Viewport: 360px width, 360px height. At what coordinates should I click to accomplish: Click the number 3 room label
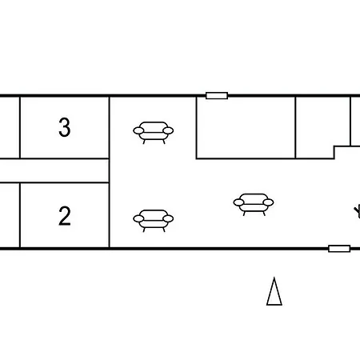pyautogui.click(x=65, y=127)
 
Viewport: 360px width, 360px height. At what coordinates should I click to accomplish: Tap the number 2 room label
pyautogui.click(x=65, y=216)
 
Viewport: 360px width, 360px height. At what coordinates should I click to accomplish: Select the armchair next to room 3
pyautogui.click(x=154, y=133)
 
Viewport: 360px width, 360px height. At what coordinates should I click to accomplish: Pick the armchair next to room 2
pyautogui.click(x=154, y=221)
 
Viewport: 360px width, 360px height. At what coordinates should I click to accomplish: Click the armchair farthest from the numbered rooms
pyautogui.click(x=254, y=205)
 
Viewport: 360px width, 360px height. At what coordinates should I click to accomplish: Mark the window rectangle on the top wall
pyautogui.click(x=217, y=95)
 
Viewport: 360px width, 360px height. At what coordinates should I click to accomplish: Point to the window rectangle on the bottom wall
pyautogui.click(x=339, y=249)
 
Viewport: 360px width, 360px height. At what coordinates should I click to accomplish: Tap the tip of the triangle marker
pyautogui.click(x=274, y=278)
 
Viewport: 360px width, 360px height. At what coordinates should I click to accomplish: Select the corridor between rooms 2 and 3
pyautogui.click(x=54, y=170)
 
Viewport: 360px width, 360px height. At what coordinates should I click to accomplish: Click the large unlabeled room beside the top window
pyautogui.click(x=246, y=127)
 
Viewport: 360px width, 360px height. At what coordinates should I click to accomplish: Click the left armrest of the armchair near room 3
pyautogui.click(x=138, y=130)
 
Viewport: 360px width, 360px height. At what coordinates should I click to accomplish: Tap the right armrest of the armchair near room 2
pyautogui.click(x=168, y=218)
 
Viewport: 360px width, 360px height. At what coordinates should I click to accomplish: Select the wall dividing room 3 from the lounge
pyautogui.click(x=110, y=127)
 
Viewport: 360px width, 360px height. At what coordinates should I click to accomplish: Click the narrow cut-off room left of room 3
pyautogui.click(x=10, y=127)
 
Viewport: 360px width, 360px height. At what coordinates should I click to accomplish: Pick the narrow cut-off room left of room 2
pyautogui.click(x=10, y=215)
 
